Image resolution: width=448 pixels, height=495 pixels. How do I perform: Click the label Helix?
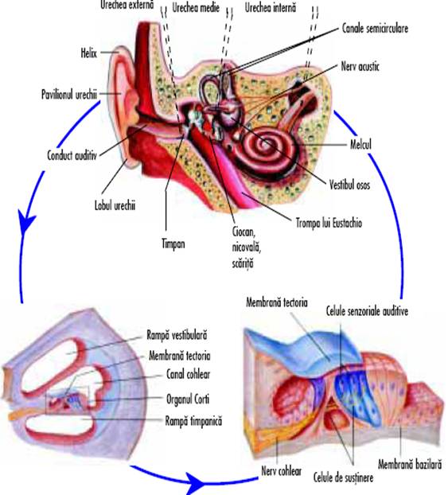click(x=88, y=53)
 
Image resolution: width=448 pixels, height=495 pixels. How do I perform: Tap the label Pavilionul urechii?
click(x=69, y=95)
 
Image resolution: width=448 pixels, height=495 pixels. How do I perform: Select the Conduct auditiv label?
click(x=72, y=155)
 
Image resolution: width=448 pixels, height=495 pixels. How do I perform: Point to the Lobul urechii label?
click(x=115, y=205)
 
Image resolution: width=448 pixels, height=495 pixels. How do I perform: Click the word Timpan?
click(x=173, y=244)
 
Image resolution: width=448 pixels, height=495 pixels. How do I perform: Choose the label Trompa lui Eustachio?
click(x=329, y=223)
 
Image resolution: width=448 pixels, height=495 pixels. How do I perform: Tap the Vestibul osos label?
click(x=349, y=185)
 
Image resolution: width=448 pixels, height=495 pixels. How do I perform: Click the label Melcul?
click(x=360, y=145)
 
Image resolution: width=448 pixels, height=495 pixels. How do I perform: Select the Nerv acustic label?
click(x=360, y=66)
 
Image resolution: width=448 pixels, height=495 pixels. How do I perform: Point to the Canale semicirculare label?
click(x=375, y=29)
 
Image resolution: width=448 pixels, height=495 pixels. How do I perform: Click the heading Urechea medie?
click(x=196, y=8)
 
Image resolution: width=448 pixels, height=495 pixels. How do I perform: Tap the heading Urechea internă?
click(x=271, y=8)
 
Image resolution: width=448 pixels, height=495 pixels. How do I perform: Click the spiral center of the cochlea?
click(x=263, y=142)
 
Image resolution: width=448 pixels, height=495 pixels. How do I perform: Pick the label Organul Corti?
click(x=188, y=399)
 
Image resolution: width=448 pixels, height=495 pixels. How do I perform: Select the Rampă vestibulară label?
click(x=177, y=335)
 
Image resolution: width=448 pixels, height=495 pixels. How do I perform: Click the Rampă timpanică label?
click(x=193, y=421)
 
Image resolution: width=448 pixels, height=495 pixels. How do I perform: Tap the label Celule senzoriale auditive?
click(x=367, y=311)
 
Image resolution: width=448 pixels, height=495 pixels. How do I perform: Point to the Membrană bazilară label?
click(x=410, y=465)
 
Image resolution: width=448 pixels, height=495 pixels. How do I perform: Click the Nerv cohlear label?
click(x=282, y=470)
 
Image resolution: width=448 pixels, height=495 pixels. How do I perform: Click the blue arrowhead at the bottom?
click(x=194, y=482)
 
